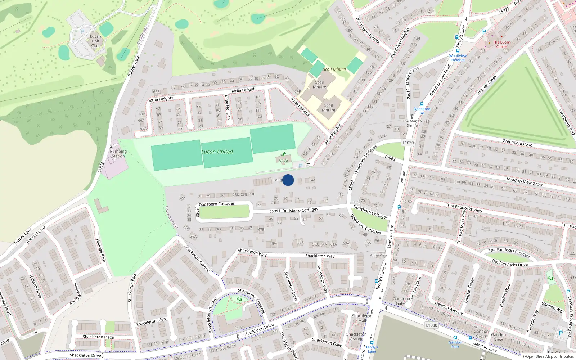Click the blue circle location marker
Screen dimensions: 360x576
point(288,180)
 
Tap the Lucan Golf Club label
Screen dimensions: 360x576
point(95,41)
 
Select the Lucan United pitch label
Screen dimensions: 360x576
point(217,152)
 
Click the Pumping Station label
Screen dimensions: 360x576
point(118,154)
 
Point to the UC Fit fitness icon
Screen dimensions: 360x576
point(284,154)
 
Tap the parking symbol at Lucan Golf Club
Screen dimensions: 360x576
point(82,32)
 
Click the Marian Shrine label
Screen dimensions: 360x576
point(412,123)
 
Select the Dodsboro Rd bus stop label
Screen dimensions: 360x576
point(422,111)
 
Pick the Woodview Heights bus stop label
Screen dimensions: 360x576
point(458,58)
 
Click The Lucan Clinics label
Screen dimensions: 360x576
point(501,44)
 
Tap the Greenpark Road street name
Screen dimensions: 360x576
point(517,143)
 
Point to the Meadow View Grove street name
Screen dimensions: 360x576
point(525,182)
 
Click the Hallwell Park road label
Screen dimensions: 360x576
point(100,250)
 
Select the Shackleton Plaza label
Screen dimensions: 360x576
point(98,337)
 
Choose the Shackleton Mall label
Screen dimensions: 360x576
point(362,318)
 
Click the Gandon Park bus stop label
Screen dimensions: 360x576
point(455,345)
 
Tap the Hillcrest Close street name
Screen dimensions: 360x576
point(486,85)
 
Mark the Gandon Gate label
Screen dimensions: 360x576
point(400,301)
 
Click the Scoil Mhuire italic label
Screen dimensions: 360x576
point(334,69)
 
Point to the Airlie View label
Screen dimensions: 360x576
point(379,255)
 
